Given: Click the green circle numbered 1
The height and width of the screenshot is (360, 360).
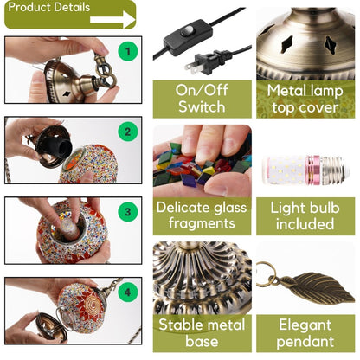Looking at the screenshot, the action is (128, 51).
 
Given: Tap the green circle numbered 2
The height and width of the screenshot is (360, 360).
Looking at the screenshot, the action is (128, 132).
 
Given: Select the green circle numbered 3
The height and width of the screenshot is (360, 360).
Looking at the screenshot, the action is (128, 212).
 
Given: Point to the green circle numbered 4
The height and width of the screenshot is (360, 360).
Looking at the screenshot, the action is (128, 292).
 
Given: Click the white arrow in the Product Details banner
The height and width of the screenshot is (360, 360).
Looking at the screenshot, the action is (112, 20).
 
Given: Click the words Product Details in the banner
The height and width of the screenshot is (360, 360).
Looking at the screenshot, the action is (49, 7).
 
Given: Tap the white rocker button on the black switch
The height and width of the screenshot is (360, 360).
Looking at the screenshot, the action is (188, 31).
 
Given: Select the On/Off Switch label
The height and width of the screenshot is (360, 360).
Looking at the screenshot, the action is (202, 99).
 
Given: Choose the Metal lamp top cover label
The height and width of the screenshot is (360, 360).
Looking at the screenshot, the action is (305, 99).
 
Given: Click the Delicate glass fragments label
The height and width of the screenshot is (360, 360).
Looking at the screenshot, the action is (202, 215).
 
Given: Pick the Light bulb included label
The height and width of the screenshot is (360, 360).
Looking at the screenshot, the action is (305, 215).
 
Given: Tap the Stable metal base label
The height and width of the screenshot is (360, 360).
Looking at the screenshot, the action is (202, 333).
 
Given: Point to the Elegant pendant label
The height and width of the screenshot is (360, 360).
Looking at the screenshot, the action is (305, 333).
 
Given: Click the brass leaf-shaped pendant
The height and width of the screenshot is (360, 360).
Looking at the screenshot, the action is (318, 287).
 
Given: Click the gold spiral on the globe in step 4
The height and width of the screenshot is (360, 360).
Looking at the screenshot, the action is (93, 304).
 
